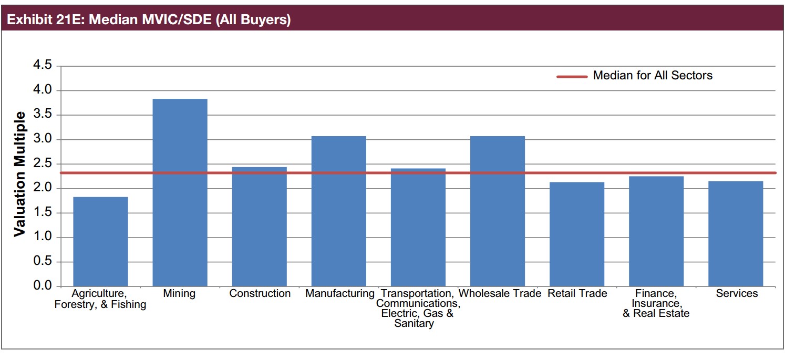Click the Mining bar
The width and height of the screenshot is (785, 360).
(180, 192)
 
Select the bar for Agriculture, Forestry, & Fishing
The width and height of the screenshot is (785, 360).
(100, 242)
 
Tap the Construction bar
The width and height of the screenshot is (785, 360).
(260, 227)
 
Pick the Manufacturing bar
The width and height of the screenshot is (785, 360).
(339, 211)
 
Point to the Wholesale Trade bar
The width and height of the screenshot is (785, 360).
(498, 211)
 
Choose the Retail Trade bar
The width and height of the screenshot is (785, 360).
(577, 234)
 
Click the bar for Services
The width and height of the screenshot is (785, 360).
(736, 234)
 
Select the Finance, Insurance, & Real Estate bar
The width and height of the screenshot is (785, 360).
(656, 231)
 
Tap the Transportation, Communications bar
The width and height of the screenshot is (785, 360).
(418, 228)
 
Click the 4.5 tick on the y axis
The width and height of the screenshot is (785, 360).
(42, 66)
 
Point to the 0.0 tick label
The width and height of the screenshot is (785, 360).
(42, 286)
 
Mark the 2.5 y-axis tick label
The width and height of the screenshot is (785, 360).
(42, 164)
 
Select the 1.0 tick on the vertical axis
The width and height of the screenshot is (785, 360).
(42, 238)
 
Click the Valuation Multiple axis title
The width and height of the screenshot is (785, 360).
(20, 174)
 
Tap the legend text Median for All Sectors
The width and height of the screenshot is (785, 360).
(653, 76)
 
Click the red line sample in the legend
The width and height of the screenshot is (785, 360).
(572, 76)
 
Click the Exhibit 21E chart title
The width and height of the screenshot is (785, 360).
(147, 20)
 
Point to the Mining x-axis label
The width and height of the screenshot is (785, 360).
(179, 293)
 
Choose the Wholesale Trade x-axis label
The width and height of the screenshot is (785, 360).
(500, 293)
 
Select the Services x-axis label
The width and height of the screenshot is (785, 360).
(737, 293)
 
